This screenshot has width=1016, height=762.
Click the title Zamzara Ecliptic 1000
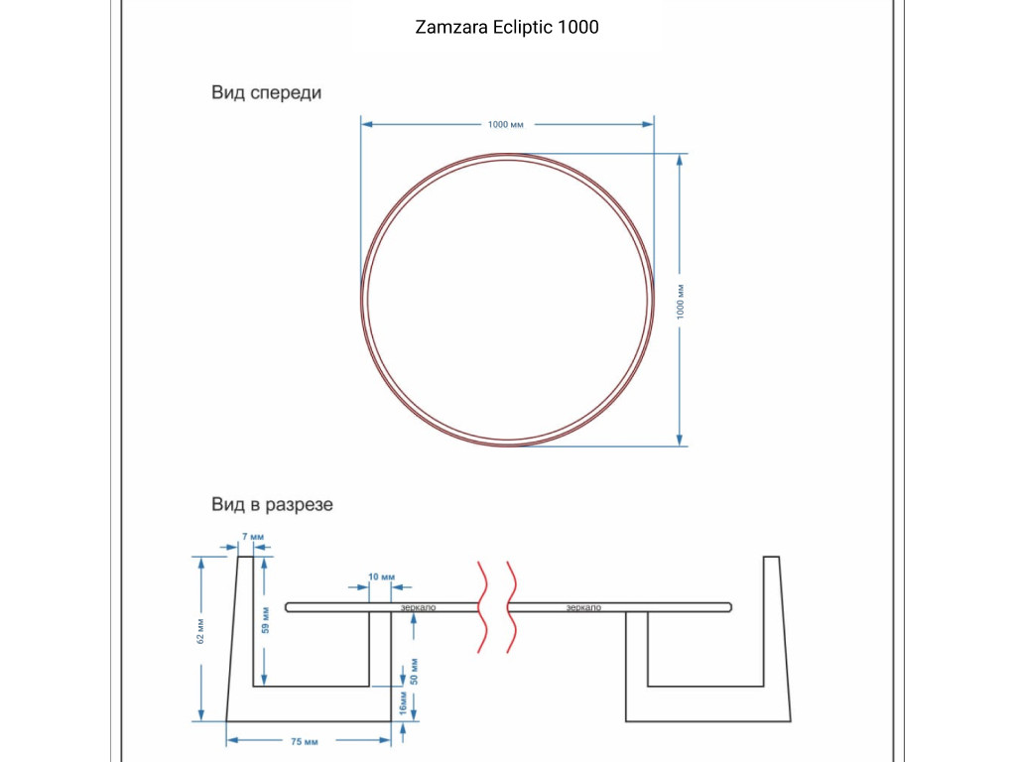(507, 27)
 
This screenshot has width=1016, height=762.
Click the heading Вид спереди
(266, 92)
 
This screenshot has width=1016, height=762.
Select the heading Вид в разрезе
(272, 504)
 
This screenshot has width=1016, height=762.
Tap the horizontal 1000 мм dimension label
(505, 124)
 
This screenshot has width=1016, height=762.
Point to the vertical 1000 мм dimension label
(681, 302)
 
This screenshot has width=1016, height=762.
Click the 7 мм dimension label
(253, 537)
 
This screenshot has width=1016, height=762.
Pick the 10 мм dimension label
(381, 576)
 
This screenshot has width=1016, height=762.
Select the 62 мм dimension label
(200, 631)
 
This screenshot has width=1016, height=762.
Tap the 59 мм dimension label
(266, 620)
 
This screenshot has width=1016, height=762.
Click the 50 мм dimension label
(414, 672)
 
